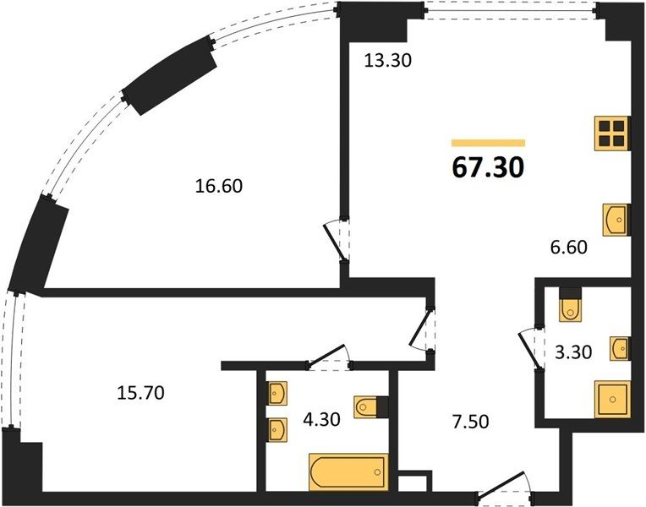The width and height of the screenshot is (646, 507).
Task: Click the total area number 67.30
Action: (488, 167)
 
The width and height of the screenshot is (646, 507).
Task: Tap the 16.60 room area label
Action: (219, 186)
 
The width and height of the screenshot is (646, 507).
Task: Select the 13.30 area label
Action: (387, 61)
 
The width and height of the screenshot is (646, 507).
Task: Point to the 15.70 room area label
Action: (141, 393)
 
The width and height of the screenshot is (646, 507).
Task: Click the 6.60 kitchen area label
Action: (568, 247)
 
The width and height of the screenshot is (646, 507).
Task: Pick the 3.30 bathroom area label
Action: (573, 352)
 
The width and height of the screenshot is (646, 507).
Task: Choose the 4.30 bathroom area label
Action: (321, 420)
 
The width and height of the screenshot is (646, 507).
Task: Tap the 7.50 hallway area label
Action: (471, 422)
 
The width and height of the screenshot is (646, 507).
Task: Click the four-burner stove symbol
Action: (612, 134)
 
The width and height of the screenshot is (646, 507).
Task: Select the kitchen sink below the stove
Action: (616, 220)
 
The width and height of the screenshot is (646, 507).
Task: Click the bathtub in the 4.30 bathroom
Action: (348, 472)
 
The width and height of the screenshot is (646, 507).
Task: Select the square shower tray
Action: (613, 399)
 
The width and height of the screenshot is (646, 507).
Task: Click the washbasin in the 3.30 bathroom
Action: (620, 349)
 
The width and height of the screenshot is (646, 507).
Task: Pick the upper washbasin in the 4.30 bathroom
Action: (277, 393)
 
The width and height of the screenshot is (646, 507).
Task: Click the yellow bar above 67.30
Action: (488, 143)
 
